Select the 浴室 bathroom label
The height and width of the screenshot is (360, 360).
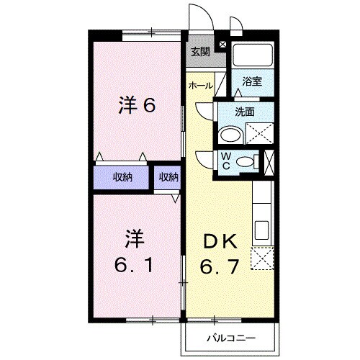click(x=251, y=81)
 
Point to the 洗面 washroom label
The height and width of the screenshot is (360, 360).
click(x=246, y=112)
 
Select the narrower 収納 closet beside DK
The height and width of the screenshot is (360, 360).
click(x=169, y=176)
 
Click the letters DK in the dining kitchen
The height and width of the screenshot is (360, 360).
click(x=220, y=240)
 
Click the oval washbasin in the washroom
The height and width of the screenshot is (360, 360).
click(x=231, y=135)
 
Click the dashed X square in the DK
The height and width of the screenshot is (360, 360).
click(x=261, y=258)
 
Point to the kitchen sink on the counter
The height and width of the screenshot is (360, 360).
click(x=262, y=231)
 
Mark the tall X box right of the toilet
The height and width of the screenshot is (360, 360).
click(x=270, y=161)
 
